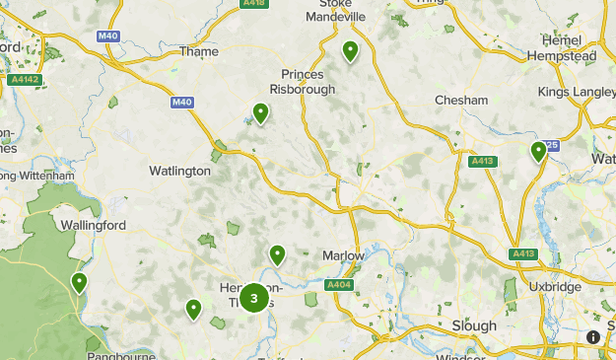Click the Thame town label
click(x=199, y=52)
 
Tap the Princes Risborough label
click(x=308, y=81)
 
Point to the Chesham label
click(x=461, y=101)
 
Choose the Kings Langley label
click(x=577, y=92)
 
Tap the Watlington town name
click(x=179, y=171)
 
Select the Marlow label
click(x=343, y=255)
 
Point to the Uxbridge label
click(x=554, y=287)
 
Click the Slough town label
click(x=474, y=325)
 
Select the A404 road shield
click(x=339, y=285)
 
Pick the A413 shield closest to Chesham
click(x=482, y=161)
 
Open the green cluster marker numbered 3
click(x=254, y=297)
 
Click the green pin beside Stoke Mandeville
click(x=350, y=51)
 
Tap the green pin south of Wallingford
click(x=79, y=283)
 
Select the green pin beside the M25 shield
click(x=538, y=151)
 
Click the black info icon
click(x=593, y=337)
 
